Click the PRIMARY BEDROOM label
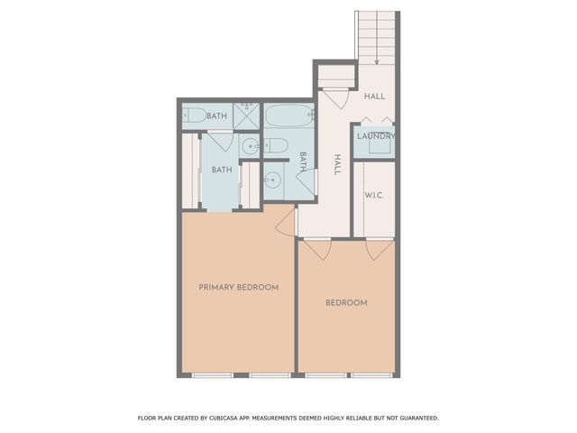(238, 287)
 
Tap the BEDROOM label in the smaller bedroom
(346, 303)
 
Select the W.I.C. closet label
(375, 195)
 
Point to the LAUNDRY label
(374, 137)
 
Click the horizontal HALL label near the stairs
(374, 96)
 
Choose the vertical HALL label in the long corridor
(337, 164)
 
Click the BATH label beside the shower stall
(216, 115)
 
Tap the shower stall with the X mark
(246, 115)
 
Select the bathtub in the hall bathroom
(288, 116)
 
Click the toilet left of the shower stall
(194, 115)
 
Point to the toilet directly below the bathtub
(277, 145)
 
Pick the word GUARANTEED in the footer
(416, 418)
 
